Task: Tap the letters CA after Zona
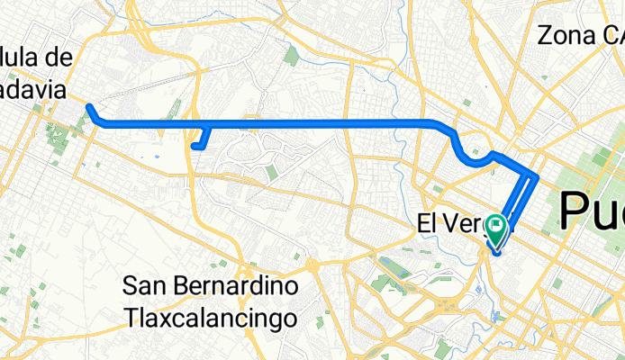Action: (x=612, y=36)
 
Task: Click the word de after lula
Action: (x=59, y=57)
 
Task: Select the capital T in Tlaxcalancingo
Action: (x=129, y=318)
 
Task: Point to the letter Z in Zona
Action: (x=545, y=36)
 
